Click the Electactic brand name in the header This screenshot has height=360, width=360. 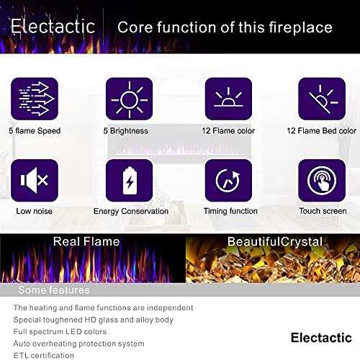coord(53,27)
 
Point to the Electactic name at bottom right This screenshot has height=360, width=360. coord(321,338)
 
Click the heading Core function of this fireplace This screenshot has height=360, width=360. coord(225,28)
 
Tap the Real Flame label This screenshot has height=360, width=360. coord(87,242)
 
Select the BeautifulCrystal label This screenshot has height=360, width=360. coord(275,242)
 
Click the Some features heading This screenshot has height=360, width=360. coord(53,290)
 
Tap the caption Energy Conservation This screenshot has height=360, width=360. coord(130,212)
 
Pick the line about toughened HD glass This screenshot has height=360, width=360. coord(93,320)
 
